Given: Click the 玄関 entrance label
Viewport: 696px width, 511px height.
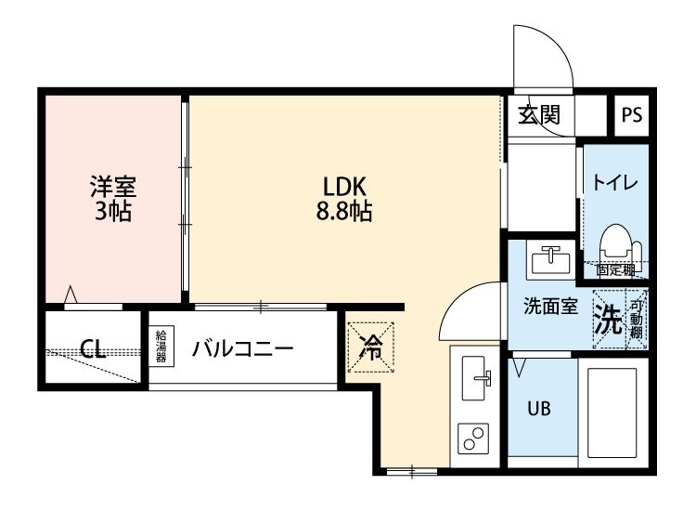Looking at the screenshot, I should pyautogui.click(x=539, y=115).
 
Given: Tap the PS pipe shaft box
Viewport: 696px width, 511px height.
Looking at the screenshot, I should pyautogui.click(x=632, y=115).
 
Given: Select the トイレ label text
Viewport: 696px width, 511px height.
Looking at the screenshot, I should pyautogui.click(x=614, y=183).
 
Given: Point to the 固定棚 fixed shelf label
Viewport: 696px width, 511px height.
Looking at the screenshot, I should pyautogui.click(x=614, y=271).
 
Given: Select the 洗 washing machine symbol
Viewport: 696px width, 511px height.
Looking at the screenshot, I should pyautogui.click(x=608, y=320).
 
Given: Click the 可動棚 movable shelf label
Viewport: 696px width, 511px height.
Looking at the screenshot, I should pyautogui.click(x=637, y=320).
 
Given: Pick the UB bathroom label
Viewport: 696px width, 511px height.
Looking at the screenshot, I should pyautogui.click(x=539, y=408).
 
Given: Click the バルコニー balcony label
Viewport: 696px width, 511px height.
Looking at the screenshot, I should pyautogui.click(x=243, y=349).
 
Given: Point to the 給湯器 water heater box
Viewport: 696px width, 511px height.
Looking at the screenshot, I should pyautogui.click(x=161, y=346).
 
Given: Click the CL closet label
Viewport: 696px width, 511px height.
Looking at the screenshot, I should pyautogui.click(x=91, y=349).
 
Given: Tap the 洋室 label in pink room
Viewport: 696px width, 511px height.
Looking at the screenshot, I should pyautogui.click(x=112, y=184).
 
